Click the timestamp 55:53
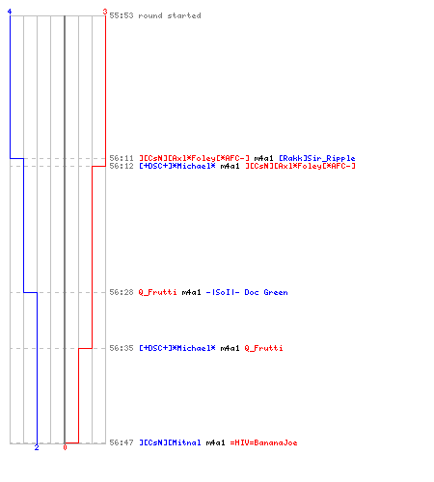tap(122, 15)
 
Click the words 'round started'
tap(170, 15)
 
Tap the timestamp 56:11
tap(122, 158)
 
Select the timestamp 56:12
tap(122, 166)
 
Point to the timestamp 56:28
tap(122, 292)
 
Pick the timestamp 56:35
tap(122, 348)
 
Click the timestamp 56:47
tap(122, 442)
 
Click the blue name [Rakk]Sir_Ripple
tap(317, 158)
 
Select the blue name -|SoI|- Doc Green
tap(247, 292)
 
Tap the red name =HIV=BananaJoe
tap(263, 442)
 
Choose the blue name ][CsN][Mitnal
tap(170, 442)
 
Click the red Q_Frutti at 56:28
tap(157, 292)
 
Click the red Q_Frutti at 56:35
tap(263, 348)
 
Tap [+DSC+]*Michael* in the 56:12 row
tap(177, 166)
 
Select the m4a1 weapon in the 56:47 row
tap(215, 442)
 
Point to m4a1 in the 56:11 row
tap(263, 158)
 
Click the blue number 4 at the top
tap(10, 12)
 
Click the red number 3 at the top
tap(105, 12)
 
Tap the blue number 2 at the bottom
tap(37, 447)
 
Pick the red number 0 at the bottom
tap(65, 447)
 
